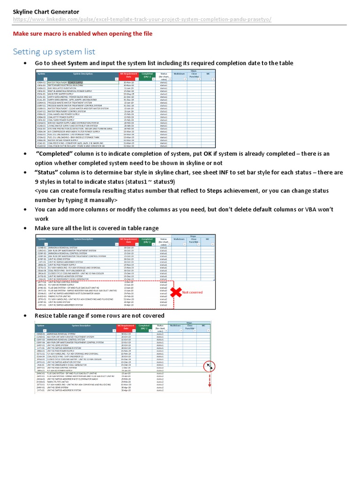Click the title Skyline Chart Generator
tap(46, 11)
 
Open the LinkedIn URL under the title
tap(142, 20)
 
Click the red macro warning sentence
tap(82, 34)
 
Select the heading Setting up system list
tap(54, 51)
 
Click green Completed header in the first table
tap(147, 75)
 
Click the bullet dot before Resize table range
tap(24, 315)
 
